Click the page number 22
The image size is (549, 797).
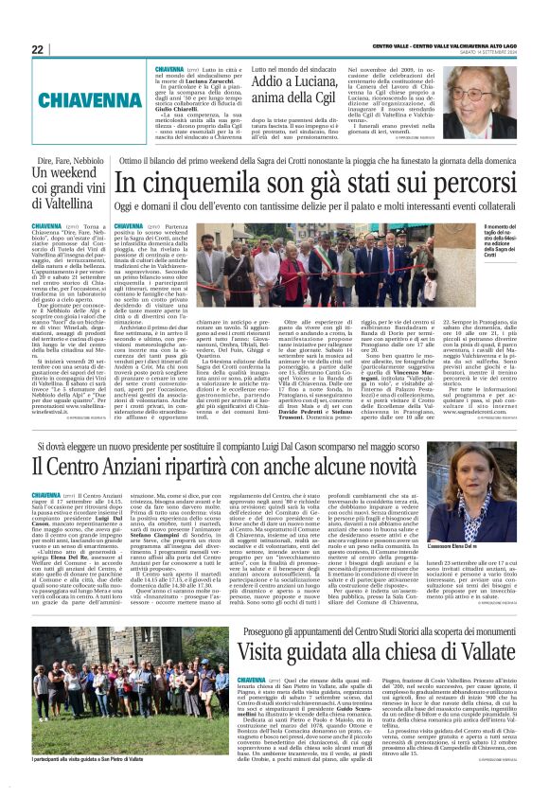pos(39,49)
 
